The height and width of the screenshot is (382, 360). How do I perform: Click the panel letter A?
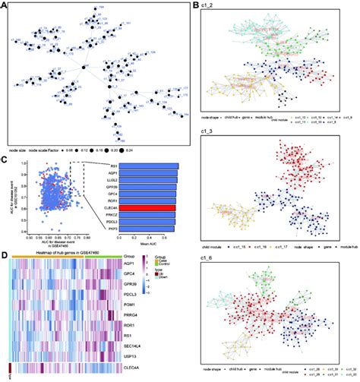pyautogui.click(x=6, y=5)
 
